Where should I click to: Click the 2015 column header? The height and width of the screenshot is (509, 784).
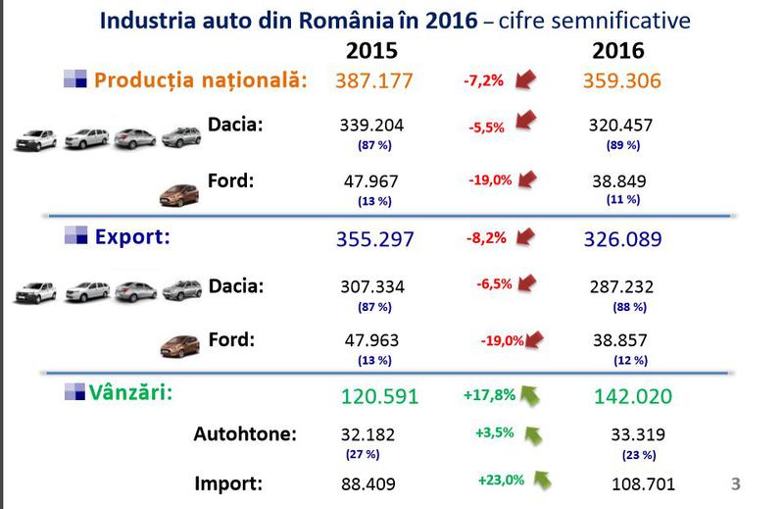378,49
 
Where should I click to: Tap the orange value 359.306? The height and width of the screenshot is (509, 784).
620,80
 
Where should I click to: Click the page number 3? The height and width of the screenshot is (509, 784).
736,483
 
